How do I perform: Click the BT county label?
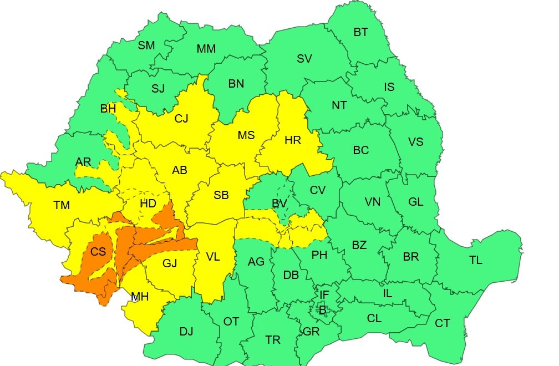[x=360, y=32]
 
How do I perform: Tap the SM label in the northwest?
[x=146, y=45]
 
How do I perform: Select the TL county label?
[x=475, y=260]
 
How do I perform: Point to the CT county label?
[x=442, y=323]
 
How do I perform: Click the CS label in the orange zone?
[x=98, y=252]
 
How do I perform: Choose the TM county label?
[x=62, y=206]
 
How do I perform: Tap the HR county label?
[x=292, y=141]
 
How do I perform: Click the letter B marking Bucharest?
[x=322, y=310]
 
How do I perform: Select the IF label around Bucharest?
[x=324, y=294]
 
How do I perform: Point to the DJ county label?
[x=186, y=332]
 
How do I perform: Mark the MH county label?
[x=140, y=297]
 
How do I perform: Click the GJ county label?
[x=170, y=263]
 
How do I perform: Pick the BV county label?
[x=279, y=204]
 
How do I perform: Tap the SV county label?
[x=304, y=59]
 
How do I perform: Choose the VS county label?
[x=415, y=142]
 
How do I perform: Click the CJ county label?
[x=181, y=118]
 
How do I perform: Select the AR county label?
[x=83, y=162]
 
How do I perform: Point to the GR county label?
[x=311, y=332]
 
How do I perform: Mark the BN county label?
[x=236, y=84]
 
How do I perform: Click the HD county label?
[x=148, y=204]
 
